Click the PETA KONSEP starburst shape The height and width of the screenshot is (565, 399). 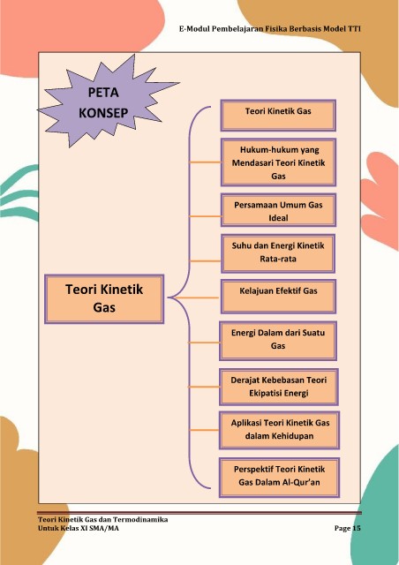(104, 102)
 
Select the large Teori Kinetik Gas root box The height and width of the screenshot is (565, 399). (104, 298)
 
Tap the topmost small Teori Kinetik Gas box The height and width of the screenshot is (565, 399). (278, 116)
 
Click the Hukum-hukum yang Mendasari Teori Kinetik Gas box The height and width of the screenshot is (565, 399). (278, 162)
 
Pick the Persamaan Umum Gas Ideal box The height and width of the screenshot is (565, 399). (278, 210)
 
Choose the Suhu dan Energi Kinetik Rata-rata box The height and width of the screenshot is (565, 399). (278, 253)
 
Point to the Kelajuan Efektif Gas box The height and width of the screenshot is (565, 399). (278, 297)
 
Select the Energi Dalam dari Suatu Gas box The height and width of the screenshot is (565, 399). (278, 341)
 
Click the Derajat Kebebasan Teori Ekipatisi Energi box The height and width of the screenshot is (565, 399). (279, 387)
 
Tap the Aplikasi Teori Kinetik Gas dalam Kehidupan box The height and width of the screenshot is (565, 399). (279, 430)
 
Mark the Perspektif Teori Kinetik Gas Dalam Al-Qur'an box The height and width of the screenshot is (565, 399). (279, 478)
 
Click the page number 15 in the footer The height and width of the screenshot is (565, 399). (356, 528)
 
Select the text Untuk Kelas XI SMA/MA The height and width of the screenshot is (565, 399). (79, 528)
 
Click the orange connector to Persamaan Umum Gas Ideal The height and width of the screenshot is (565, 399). (205, 216)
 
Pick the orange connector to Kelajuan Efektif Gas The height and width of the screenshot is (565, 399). (198, 298)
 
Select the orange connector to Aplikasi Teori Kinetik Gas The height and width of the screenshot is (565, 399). (205, 430)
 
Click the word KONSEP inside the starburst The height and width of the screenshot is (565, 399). (103, 113)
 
